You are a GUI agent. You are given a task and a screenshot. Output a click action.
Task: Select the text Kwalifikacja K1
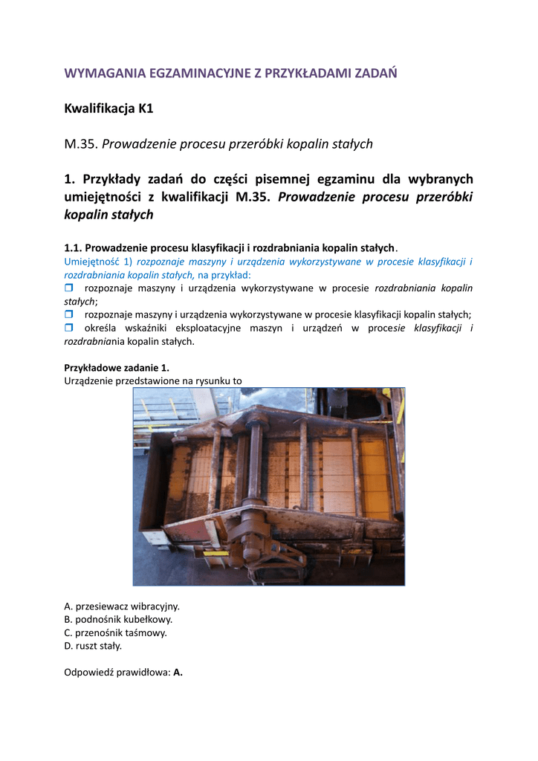tap(108, 109)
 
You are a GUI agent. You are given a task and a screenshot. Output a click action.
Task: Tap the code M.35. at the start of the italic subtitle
tap(81, 144)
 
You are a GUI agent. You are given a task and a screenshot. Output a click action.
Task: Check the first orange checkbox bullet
tap(69, 288)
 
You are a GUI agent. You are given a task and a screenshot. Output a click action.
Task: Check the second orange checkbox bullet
tap(69, 314)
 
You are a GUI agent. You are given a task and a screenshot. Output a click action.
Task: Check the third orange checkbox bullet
tap(69, 328)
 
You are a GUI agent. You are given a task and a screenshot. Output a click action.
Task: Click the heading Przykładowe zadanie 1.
tap(117, 368)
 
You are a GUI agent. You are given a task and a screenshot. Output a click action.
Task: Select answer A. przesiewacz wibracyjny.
tap(122, 606)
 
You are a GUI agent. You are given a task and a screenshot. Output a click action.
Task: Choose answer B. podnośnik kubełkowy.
tap(119, 620)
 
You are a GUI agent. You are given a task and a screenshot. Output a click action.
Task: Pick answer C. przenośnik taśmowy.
tap(116, 633)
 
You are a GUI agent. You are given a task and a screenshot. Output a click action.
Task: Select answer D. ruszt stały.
tap(93, 647)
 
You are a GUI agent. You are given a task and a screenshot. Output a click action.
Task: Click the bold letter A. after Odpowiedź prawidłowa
tap(178, 673)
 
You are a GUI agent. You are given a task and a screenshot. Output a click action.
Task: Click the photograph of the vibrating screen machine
tap(269, 486)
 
